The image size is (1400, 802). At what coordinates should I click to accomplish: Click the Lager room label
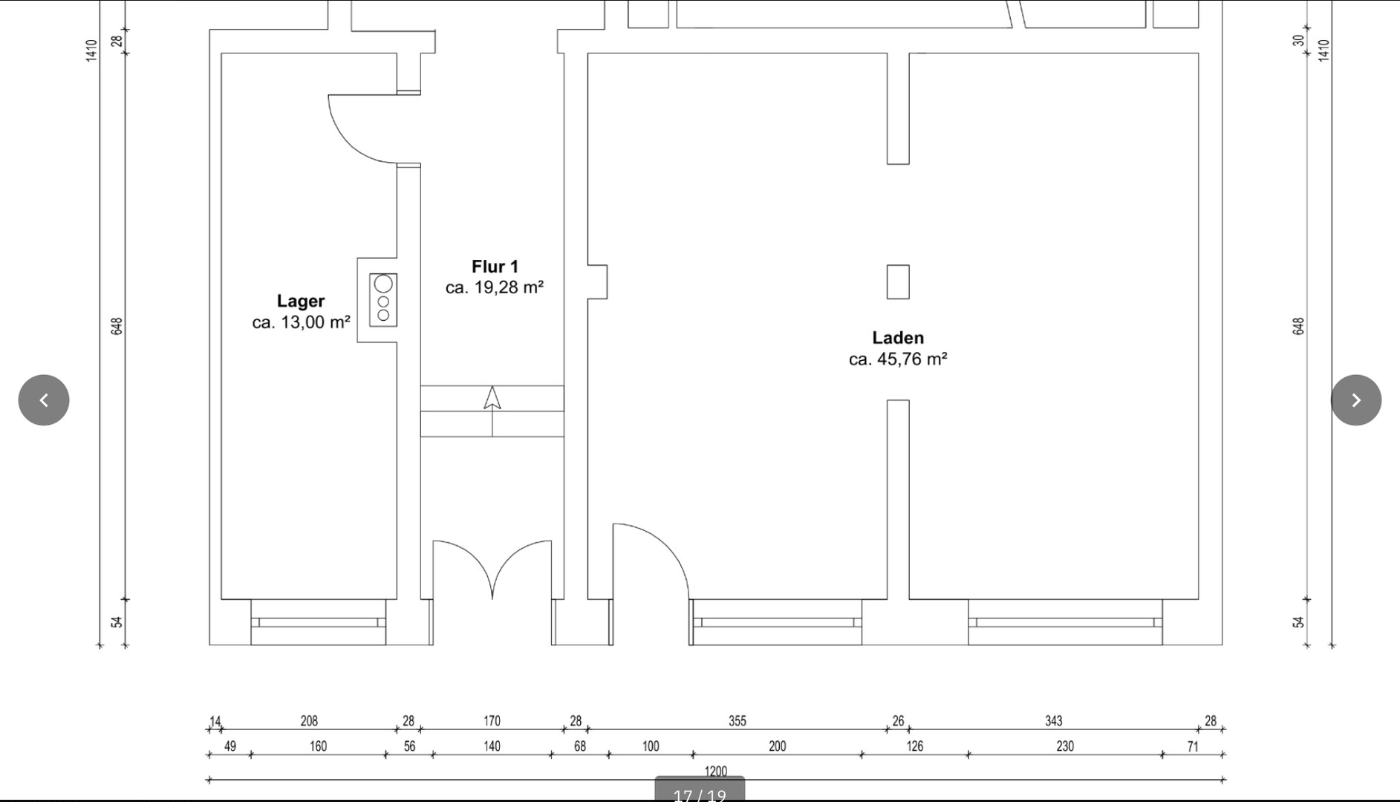(301, 301)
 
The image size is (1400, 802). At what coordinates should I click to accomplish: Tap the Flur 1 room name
(495, 267)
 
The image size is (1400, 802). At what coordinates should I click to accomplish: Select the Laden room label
(898, 338)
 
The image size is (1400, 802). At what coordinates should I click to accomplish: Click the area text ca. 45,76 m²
(898, 359)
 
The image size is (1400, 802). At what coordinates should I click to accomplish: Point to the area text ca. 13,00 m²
(301, 322)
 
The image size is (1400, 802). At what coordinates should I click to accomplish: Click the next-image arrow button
(1356, 400)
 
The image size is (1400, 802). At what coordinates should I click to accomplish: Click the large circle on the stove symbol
(383, 284)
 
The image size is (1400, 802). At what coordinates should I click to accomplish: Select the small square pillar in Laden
(898, 282)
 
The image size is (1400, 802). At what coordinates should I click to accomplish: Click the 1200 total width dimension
(716, 772)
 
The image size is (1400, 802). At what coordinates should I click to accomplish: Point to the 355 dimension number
(738, 721)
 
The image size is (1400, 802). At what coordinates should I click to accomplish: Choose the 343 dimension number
(1053, 721)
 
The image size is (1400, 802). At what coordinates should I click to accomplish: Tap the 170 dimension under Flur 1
(492, 721)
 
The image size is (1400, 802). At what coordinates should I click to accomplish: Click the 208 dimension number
(309, 721)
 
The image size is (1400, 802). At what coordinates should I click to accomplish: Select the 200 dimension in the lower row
(777, 746)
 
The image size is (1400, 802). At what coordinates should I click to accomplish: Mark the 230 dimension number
(1065, 746)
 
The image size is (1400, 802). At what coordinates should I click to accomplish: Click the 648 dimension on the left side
(117, 326)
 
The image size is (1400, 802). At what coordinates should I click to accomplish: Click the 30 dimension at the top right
(1298, 40)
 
